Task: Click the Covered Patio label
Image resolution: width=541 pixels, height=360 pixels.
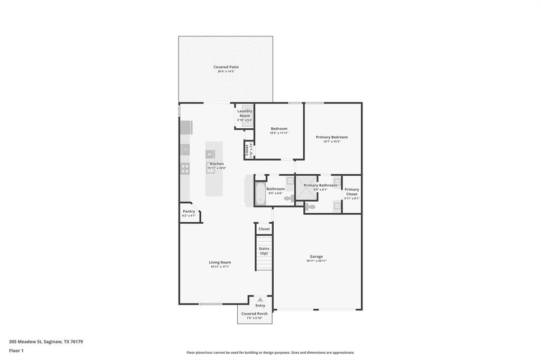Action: point(226,67)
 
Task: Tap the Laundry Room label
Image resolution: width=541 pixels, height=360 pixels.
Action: point(245,113)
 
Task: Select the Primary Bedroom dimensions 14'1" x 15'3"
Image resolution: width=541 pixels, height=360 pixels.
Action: point(332,141)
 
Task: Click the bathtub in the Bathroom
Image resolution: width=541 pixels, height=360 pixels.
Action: point(260,193)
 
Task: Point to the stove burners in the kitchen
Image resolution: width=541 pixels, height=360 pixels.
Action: point(185,168)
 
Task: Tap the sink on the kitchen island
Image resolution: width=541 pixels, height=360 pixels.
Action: point(210,155)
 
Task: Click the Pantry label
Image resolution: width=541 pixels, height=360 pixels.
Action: point(189,211)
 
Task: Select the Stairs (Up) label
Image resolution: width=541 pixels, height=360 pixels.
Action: point(264,251)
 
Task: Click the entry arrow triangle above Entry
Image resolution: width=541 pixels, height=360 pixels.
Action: point(260,299)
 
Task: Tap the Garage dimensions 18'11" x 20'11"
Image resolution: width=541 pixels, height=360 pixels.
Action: point(316,261)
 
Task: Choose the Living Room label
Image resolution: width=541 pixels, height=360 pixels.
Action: point(220,262)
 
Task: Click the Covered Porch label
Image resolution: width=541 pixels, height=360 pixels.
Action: point(255,314)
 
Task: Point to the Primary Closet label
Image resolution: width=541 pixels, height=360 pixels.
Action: point(352,192)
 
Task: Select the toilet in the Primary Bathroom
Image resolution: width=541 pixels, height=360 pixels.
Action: point(310,207)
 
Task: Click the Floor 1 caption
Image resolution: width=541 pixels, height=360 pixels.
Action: point(16,350)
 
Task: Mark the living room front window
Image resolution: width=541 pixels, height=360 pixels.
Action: point(210,304)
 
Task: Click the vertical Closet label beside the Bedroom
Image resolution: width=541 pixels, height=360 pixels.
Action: point(247,150)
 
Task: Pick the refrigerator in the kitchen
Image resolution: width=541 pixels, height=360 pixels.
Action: point(186,127)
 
